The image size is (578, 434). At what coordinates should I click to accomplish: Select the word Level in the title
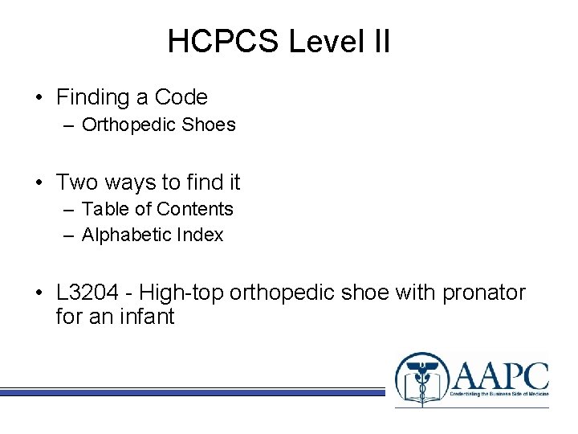(x=325, y=42)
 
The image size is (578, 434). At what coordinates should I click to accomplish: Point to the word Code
(x=181, y=98)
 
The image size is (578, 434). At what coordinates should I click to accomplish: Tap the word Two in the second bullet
(x=76, y=182)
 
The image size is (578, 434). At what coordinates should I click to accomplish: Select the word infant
(x=148, y=317)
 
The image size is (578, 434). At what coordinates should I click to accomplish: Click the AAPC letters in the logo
(x=500, y=375)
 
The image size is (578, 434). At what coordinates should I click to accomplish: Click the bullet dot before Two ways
(x=39, y=183)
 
